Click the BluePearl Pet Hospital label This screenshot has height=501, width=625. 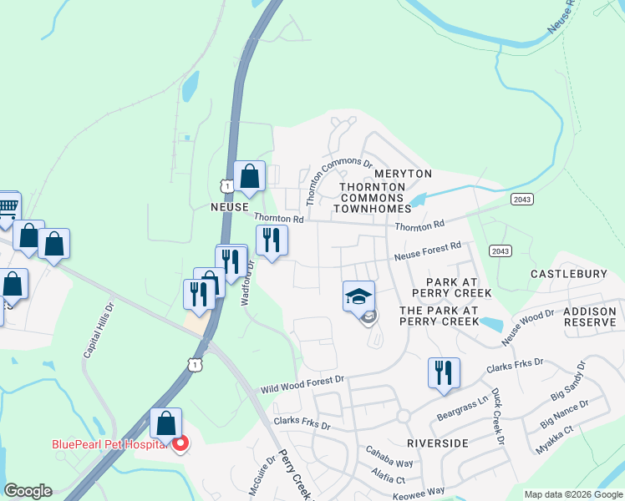click(x=110, y=444)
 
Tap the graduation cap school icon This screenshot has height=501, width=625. click(x=358, y=296)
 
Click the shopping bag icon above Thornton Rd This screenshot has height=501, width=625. click(x=249, y=176)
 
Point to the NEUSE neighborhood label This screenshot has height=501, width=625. click(x=229, y=205)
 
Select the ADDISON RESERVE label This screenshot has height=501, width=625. click(x=590, y=316)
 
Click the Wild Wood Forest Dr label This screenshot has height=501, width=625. click(x=302, y=384)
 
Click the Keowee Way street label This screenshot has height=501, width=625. click(x=416, y=493)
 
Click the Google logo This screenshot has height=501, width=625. click(x=28, y=491)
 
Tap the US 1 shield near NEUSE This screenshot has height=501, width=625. click(x=226, y=185)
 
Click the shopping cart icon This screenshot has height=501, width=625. click(x=7, y=206)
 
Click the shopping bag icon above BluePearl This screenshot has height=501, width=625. click(x=166, y=423)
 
